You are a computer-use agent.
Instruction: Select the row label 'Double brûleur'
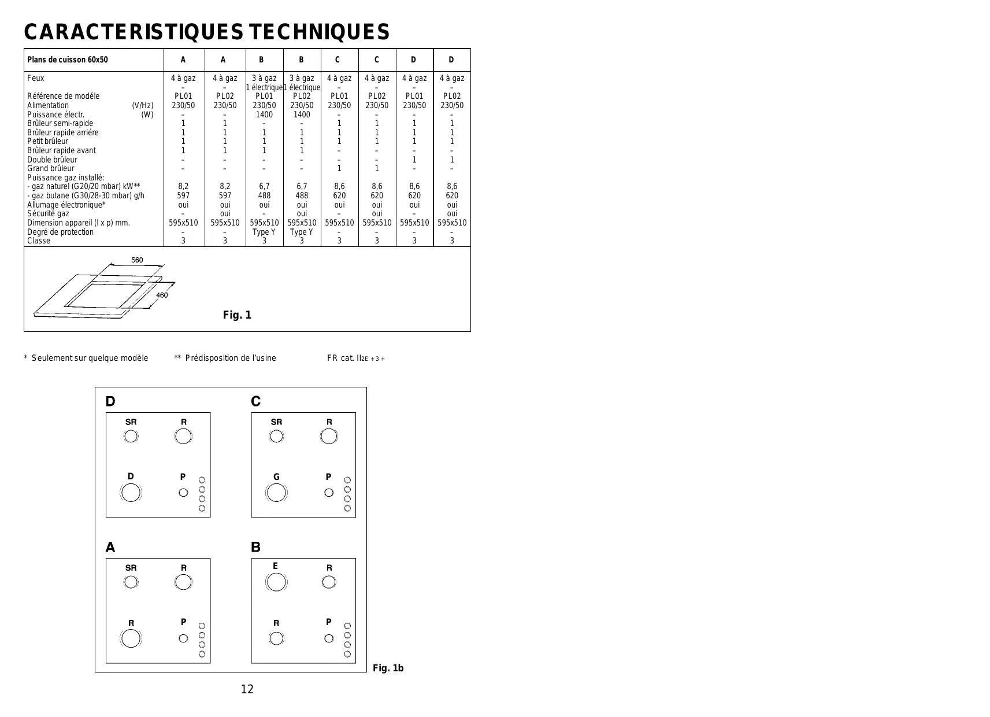(x=52, y=160)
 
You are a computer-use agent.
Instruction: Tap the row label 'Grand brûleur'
(x=51, y=168)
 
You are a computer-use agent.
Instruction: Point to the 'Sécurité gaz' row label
(x=48, y=213)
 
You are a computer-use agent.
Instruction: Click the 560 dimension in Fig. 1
(x=137, y=260)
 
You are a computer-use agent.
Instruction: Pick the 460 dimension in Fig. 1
(x=162, y=295)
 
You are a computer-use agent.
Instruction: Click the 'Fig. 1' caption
(x=237, y=315)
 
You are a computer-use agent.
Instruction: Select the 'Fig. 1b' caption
(x=388, y=668)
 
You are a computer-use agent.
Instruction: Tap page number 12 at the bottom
(x=247, y=689)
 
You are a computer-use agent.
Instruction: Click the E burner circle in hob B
(x=276, y=582)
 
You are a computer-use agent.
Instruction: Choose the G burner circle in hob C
(x=276, y=493)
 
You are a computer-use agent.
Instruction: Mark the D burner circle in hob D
(x=131, y=493)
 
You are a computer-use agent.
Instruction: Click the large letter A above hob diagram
(x=110, y=547)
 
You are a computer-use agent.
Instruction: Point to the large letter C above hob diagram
(x=256, y=401)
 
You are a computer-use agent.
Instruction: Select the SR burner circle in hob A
(x=131, y=582)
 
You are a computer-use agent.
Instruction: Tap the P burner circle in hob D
(x=183, y=493)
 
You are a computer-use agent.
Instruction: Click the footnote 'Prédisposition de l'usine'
(x=230, y=358)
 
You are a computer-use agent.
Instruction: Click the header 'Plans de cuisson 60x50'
(x=68, y=60)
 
